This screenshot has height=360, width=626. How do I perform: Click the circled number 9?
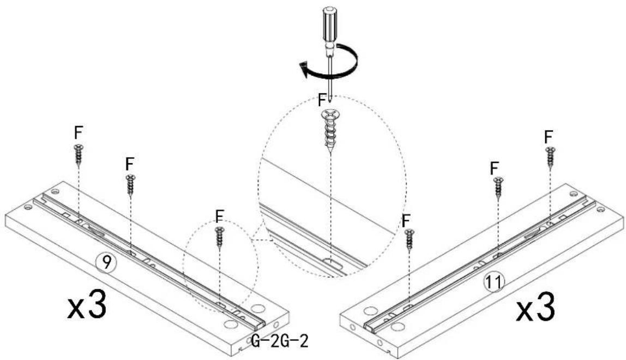pos(105,263)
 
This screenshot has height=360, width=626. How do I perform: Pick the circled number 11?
pos(494,281)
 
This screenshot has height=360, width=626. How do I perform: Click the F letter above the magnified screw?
pos(322,100)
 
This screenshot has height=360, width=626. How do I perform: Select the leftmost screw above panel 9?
pos(79,154)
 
